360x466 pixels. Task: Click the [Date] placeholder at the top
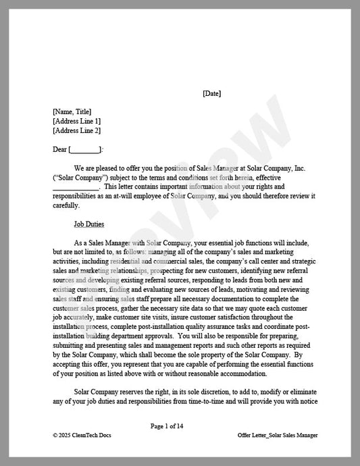(x=211, y=93)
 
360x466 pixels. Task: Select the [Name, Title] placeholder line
(x=72, y=112)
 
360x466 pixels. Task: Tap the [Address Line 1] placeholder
(x=76, y=122)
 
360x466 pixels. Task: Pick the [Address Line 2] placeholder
(x=76, y=131)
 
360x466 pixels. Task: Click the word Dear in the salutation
(x=59, y=149)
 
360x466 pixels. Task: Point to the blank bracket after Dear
(x=84, y=149)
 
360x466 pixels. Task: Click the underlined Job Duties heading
(x=89, y=224)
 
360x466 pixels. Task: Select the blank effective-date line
(x=76, y=186)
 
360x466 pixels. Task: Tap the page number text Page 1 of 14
(x=167, y=426)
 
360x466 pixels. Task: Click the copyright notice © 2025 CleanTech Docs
(x=82, y=436)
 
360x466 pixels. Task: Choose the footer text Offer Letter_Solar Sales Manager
(x=278, y=436)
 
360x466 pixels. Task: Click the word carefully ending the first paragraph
(x=66, y=205)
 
